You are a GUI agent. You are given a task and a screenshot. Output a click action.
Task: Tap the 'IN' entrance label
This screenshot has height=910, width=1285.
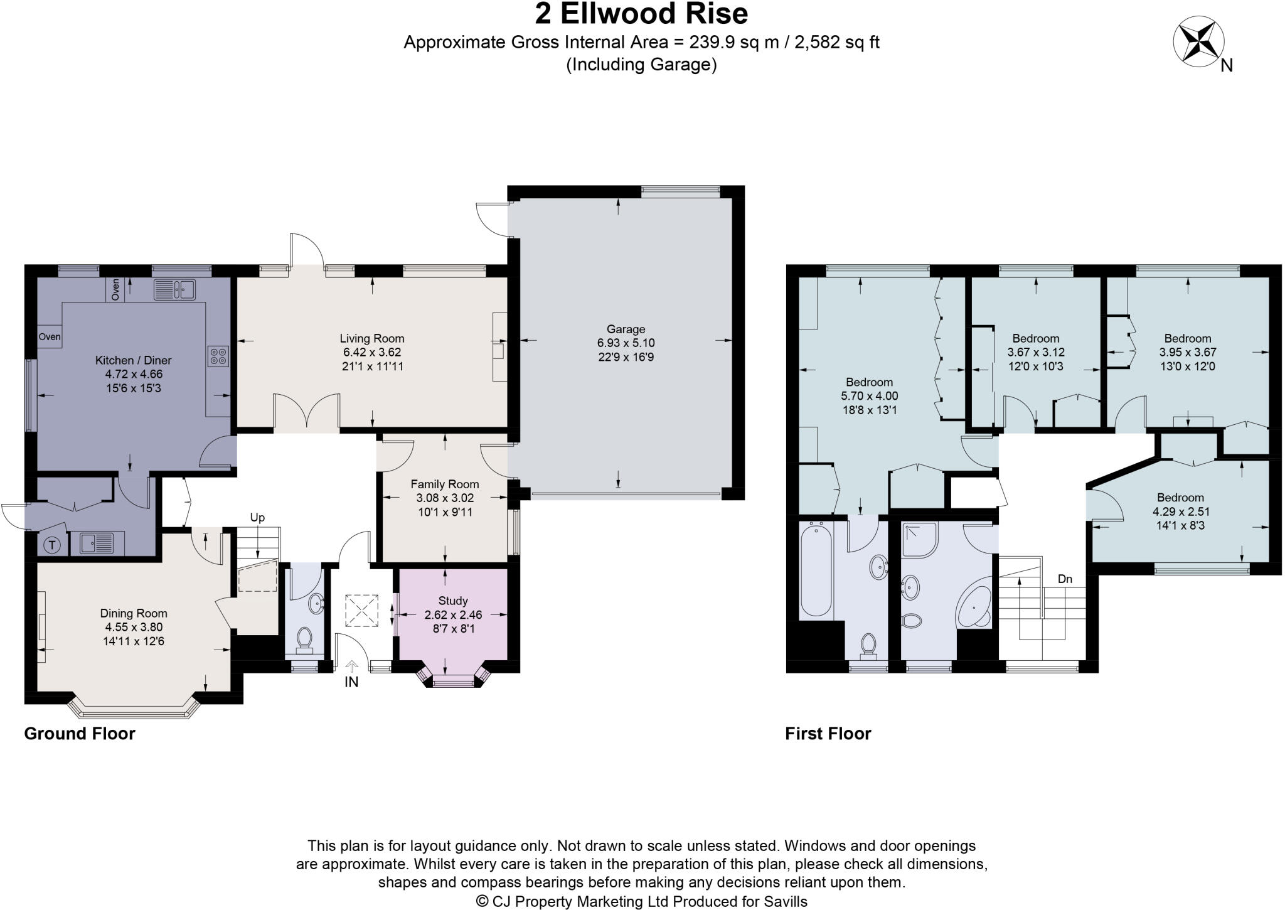click(351, 682)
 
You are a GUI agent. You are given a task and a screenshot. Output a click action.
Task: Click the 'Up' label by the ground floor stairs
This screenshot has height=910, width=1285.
click(257, 518)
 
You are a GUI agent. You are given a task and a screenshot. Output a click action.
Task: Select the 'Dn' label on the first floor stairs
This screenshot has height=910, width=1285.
click(1065, 579)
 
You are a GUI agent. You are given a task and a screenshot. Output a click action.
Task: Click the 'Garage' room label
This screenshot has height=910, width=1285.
click(626, 329)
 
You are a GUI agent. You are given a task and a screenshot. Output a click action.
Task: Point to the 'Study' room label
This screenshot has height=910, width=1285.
click(452, 601)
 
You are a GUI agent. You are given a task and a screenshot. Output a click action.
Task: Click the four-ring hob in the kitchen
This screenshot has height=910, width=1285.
click(218, 356)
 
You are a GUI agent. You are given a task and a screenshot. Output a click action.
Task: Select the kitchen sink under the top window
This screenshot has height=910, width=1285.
click(175, 289)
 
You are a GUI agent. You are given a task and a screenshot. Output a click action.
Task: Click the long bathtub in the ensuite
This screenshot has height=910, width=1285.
click(816, 570)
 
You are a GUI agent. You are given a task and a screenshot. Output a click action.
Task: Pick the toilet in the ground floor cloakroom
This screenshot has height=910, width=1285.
click(305, 639)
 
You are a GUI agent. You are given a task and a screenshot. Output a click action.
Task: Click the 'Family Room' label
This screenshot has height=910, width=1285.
click(444, 484)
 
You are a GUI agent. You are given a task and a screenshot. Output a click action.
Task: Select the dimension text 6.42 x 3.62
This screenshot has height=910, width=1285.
click(371, 352)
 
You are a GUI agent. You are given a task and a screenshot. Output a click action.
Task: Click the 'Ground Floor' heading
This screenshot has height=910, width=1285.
click(80, 733)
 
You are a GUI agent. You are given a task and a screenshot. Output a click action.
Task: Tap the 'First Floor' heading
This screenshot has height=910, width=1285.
click(828, 733)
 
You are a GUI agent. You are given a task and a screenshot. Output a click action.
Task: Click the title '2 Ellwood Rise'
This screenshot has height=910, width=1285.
click(641, 14)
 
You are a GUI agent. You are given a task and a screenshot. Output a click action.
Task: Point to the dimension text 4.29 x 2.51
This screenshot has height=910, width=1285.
click(1180, 511)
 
